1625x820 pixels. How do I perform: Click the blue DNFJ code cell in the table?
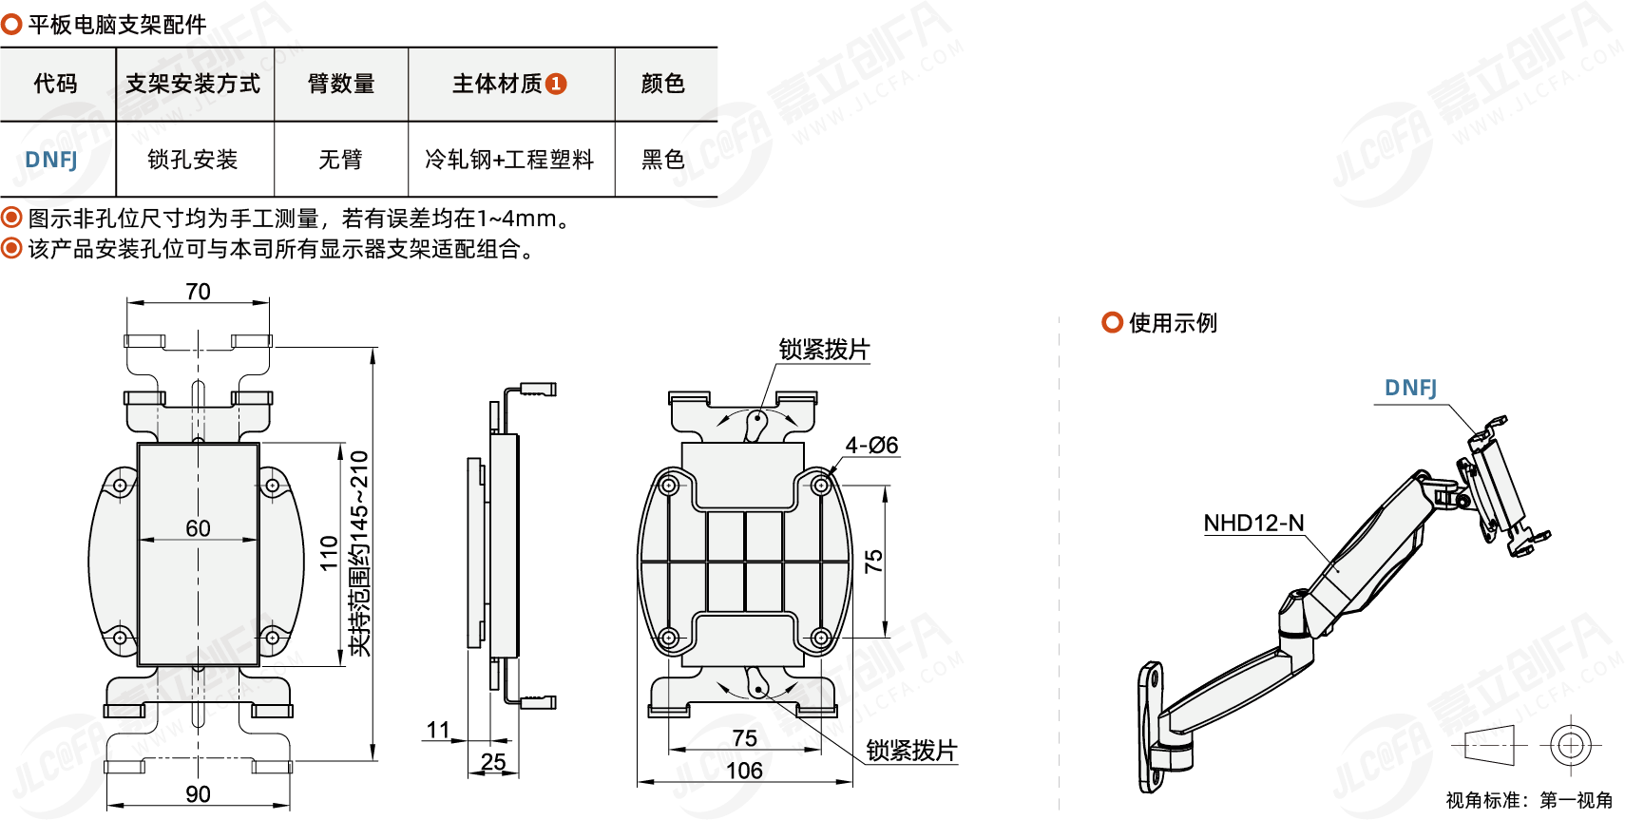tap(51, 160)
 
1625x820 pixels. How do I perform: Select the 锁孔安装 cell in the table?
tap(193, 160)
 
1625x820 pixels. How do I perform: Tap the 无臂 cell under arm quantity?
tap(340, 160)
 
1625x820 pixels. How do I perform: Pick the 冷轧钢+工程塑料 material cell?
tap(509, 160)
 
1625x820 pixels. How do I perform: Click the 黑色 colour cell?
tap(663, 160)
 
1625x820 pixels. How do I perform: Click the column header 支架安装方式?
tap(193, 84)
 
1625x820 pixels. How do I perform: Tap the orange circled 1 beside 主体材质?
tap(557, 84)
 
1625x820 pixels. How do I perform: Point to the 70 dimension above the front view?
tap(198, 292)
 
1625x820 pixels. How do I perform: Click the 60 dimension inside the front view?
tap(198, 528)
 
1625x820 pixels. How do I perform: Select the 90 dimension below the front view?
tap(198, 794)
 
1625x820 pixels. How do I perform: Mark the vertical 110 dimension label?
tap(330, 553)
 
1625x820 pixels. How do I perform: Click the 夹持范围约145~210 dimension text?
tap(359, 553)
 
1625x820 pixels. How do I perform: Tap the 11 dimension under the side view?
tap(438, 730)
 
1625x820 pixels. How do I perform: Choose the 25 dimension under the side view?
tap(493, 762)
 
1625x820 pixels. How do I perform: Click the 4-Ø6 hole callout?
tap(871, 446)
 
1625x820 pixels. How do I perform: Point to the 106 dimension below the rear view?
tap(744, 771)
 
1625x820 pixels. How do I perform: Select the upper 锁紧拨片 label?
tap(824, 350)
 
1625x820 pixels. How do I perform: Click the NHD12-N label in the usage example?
tap(1253, 524)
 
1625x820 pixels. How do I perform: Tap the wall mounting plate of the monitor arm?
tap(1150, 728)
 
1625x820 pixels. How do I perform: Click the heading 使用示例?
tap(1173, 323)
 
